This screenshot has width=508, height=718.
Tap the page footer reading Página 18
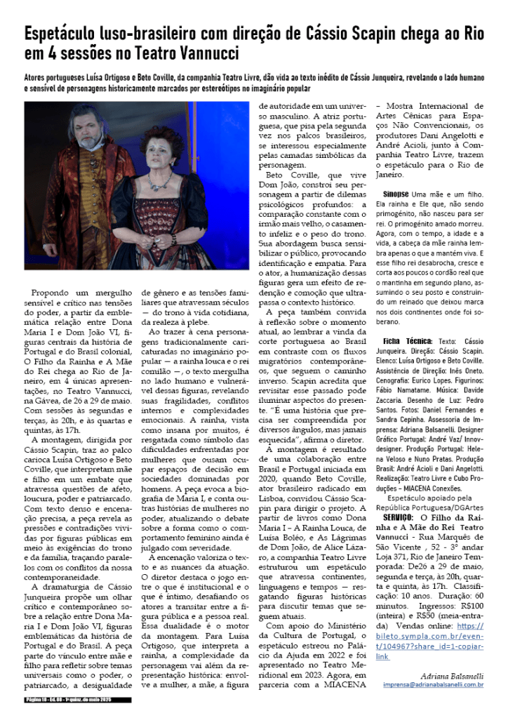[35, 699]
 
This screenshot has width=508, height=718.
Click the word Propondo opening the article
[53, 291]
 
